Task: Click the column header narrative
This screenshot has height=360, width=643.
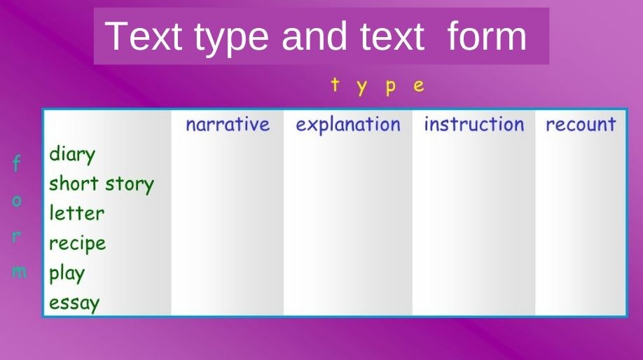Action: click(227, 125)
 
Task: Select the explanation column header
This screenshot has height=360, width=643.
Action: click(348, 125)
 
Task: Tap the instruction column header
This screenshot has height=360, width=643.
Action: click(473, 125)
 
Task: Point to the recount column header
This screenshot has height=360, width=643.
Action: click(581, 125)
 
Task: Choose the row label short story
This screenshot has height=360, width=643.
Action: click(101, 184)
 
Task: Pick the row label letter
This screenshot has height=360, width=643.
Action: click(76, 213)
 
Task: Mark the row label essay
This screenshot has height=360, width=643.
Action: click(74, 303)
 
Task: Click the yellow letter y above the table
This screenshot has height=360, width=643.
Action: click(363, 88)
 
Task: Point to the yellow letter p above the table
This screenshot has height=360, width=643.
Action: click(391, 88)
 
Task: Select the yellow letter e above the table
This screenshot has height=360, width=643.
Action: click(419, 87)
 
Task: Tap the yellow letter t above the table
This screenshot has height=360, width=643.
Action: click(336, 85)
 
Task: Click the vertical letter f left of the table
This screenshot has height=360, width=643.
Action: click(17, 164)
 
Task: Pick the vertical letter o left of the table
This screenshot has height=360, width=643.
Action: click(18, 201)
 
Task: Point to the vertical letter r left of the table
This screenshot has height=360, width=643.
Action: click(18, 236)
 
